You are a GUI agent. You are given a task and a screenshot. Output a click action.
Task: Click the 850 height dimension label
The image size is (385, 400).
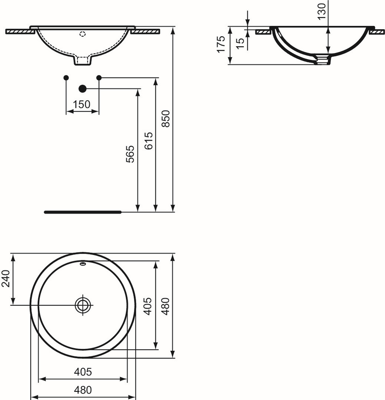click(166, 119)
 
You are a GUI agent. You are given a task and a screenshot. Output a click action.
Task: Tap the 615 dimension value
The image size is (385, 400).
click(148, 141)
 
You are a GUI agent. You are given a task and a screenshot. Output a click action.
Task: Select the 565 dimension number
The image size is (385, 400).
click(130, 154)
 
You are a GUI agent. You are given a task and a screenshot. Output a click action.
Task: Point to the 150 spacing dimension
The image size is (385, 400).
click(82, 104)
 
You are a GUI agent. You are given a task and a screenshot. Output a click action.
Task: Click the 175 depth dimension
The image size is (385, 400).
click(221, 44)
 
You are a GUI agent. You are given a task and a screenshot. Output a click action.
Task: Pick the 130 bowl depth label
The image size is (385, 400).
click(322, 11)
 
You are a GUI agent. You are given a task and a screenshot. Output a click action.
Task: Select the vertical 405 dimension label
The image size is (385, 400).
click(148, 306)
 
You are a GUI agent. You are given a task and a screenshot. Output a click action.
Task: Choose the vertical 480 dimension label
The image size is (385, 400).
click(165, 306)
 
